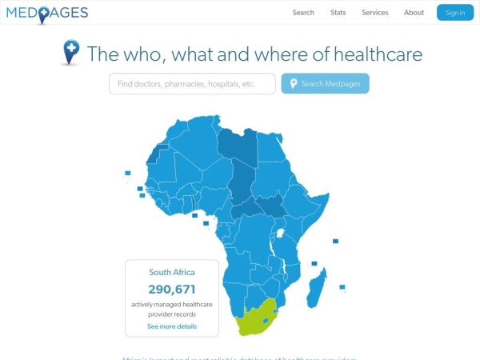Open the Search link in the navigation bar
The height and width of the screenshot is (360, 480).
303,13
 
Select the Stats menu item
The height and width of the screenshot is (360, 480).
338,13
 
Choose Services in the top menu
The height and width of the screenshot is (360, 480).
374,13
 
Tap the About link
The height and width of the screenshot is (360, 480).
414,13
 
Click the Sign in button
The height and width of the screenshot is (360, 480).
455,13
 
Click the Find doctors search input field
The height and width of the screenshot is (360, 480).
192,83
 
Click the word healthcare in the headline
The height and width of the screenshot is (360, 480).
378,54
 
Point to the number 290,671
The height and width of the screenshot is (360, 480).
172,289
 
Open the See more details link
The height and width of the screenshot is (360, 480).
172,326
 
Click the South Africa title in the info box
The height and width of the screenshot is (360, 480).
172,272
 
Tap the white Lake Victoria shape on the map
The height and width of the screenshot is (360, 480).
281,234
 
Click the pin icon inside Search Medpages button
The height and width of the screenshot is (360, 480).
294,84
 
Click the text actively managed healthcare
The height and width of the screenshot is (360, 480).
172,304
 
